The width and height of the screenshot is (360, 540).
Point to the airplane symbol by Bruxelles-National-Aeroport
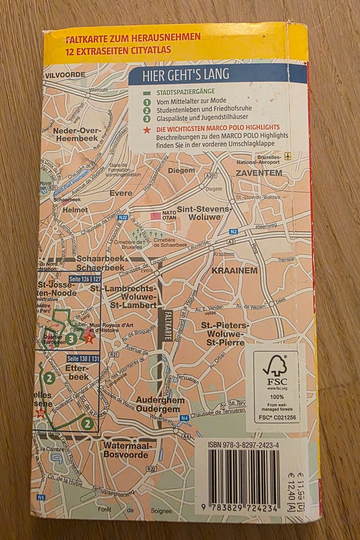click(x=287, y=155)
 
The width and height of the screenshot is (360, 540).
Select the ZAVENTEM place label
click(x=259, y=173)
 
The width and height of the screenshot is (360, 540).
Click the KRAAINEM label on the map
click(x=234, y=270)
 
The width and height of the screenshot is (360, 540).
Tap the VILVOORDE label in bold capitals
click(x=65, y=75)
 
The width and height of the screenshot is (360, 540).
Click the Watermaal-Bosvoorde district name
click(x=126, y=450)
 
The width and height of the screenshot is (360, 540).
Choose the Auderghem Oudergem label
click(x=160, y=404)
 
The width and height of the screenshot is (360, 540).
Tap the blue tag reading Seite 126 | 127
click(x=85, y=279)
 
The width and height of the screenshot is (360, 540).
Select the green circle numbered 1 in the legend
click(x=147, y=101)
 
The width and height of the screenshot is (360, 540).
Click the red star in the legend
click(x=147, y=129)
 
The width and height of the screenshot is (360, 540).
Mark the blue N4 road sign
click(x=184, y=418)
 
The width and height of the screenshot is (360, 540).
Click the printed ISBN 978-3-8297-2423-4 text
click(x=244, y=445)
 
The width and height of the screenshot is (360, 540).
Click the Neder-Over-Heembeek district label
click(x=76, y=134)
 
